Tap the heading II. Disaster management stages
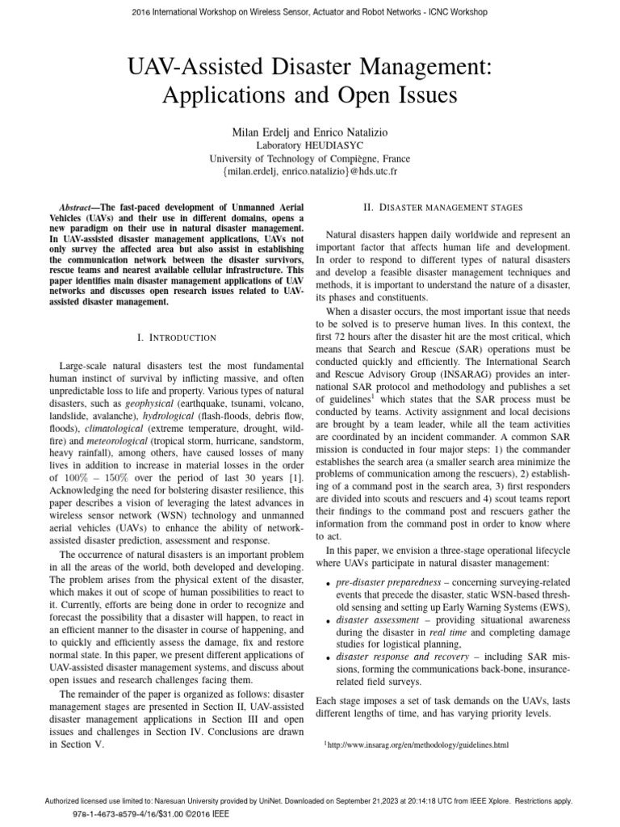coord(443,208)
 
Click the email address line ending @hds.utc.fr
coord(310,172)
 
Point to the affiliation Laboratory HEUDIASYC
coord(310,145)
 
